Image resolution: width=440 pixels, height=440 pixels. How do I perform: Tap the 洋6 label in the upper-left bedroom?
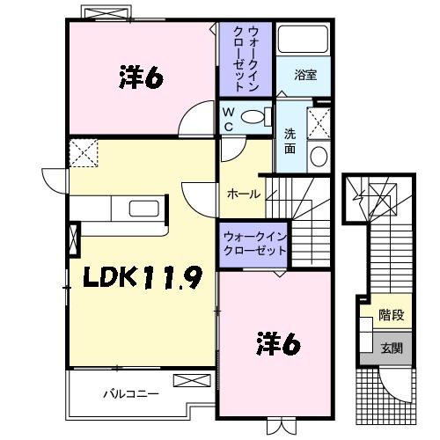point(141,78)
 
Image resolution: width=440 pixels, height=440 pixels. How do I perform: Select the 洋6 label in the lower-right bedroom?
point(278,343)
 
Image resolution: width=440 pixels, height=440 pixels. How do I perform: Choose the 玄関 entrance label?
point(391,348)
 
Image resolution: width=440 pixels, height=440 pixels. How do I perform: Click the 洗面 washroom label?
point(290,142)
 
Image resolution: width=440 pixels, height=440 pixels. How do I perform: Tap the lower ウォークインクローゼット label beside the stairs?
point(254,244)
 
